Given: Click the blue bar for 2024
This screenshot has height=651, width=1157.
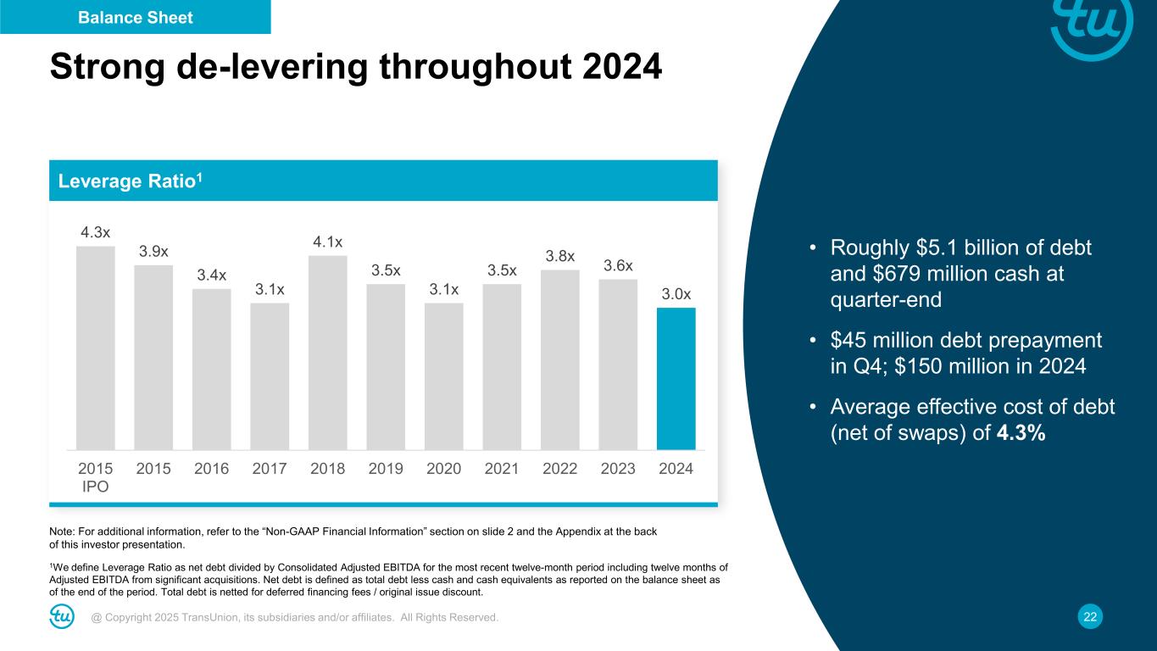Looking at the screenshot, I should pyautogui.click(x=676, y=378).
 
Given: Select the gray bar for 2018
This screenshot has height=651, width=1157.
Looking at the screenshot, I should pyautogui.click(x=328, y=352).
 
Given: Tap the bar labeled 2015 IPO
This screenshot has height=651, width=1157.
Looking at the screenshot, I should pyautogui.click(x=95, y=348).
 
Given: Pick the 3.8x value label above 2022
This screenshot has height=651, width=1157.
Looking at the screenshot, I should pyautogui.click(x=560, y=256).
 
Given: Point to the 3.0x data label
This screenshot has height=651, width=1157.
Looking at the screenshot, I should pyautogui.click(x=676, y=293).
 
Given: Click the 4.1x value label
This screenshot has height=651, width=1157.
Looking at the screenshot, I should pyautogui.click(x=328, y=242).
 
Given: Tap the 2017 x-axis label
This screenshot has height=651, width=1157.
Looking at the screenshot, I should pyautogui.click(x=270, y=469).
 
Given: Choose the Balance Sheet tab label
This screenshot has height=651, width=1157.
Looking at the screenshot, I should pyautogui.click(x=136, y=17).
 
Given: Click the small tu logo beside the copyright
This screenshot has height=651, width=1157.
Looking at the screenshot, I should pyautogui.click(x=62, y=617).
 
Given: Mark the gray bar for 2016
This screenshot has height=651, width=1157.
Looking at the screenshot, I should pyautogui.click(x=212, y=369).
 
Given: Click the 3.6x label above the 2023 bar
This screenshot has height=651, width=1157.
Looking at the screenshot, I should pyautogui.click(x=618, y=265).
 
